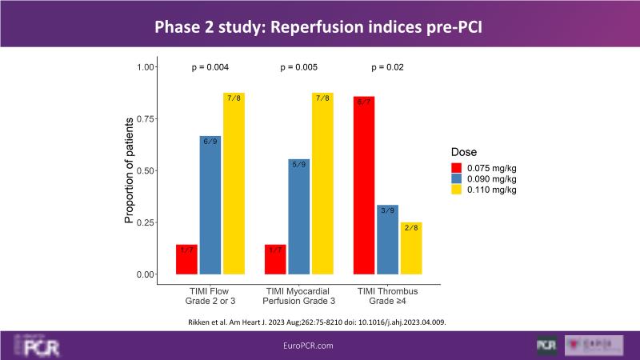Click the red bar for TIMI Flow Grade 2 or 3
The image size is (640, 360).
point(186,259)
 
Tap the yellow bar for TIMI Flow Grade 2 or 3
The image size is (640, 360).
point(234,183)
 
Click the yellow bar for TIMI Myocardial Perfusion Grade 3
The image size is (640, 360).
point(322,183)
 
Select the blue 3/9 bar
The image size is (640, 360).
point(387,239)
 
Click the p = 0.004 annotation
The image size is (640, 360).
point(212,67)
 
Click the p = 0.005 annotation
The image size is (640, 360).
point(300,67)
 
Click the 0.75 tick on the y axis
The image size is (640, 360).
point(145,118)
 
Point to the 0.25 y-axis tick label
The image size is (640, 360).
point(145,222)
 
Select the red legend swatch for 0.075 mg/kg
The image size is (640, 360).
point(457,167)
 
